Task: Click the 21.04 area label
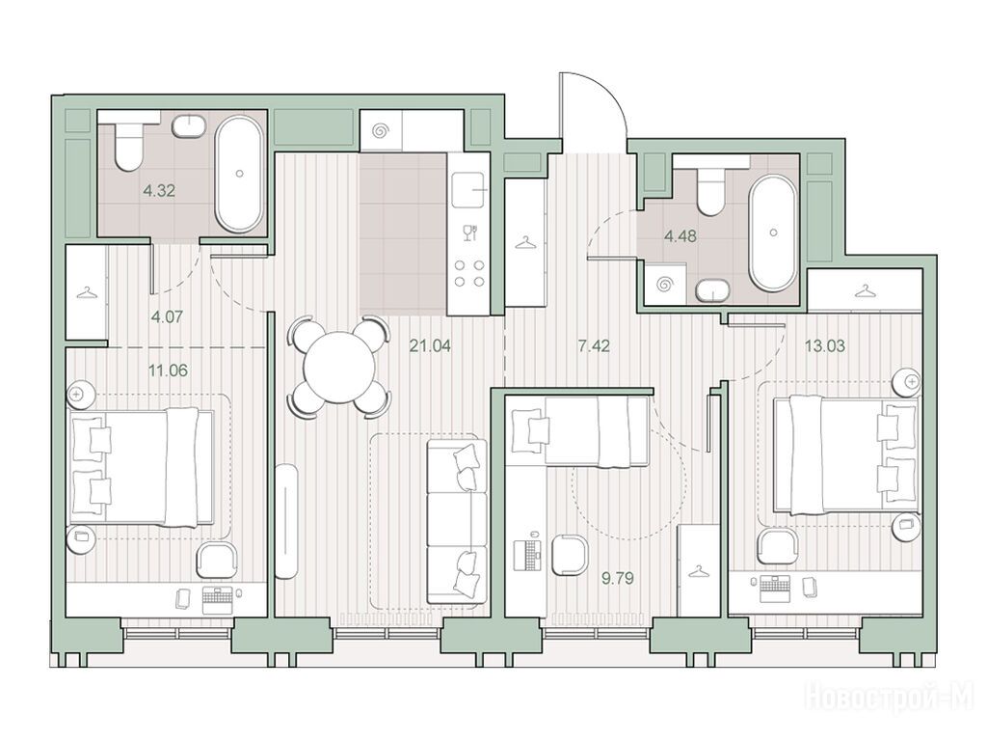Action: coord(430,346)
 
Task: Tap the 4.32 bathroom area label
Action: coord(159,190)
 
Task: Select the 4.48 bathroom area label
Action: coord(680,236)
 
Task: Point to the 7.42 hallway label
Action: coord(594,346)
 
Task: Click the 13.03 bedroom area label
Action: coord(825,346)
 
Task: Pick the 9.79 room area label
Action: coord(618,578)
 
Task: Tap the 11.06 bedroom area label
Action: coord(168,370)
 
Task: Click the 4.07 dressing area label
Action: coord(167,316)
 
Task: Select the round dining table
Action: coord(339,368)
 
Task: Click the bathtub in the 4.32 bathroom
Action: coord(239,174)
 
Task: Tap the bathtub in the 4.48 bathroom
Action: coord(772,233)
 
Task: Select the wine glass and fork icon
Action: coord(469,233)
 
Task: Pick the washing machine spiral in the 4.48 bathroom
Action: coord(665,286)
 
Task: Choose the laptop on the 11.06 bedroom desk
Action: coord(219,600)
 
